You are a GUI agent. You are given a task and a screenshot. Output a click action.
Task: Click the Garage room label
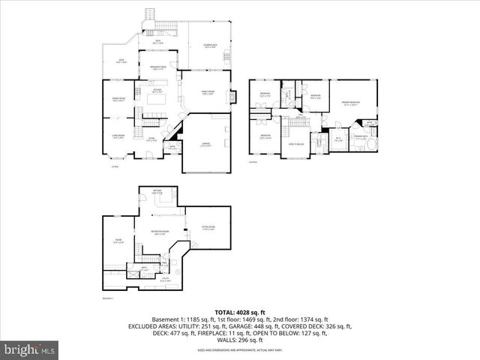coord(205,145)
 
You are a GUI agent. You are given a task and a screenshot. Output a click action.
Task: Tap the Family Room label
coord(207,92)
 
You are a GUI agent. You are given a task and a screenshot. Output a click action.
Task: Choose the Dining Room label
coord(118,99)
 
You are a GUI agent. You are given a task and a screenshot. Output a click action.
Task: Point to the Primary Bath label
coord(361,137)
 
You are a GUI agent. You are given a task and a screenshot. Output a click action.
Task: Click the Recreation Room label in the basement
coord(158,232)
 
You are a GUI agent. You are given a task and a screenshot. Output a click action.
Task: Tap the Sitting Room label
coord(208,228)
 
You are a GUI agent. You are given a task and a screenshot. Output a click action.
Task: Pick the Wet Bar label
coord(158,193)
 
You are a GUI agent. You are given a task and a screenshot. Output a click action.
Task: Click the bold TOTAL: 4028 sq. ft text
coord(240,311)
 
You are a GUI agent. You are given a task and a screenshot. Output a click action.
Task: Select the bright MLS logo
coord(30,349)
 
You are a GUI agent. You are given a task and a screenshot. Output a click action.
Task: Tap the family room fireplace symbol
coord(234,96)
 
